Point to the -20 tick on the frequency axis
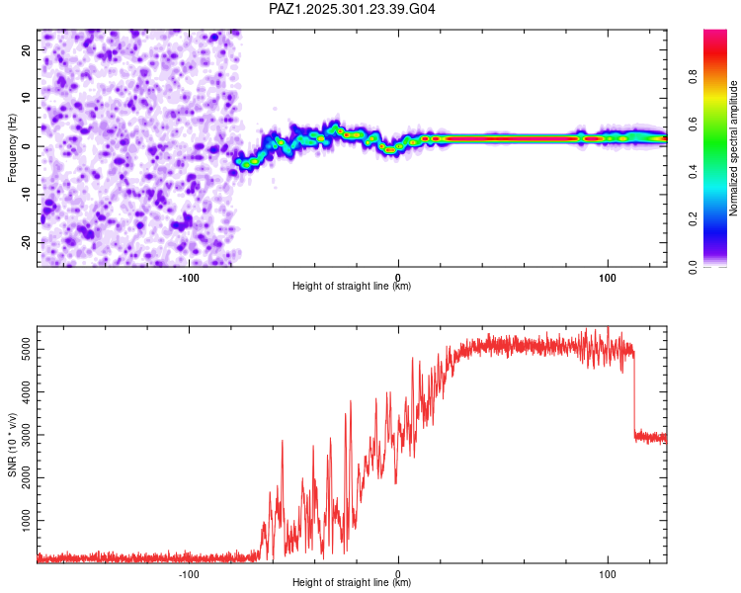coord(26,242)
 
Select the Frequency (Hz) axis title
coord(12,148)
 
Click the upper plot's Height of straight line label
coord(352,286)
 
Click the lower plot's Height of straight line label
coord(352,583)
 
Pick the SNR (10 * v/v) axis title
coord(12,445)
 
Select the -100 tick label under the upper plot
coord(189,278)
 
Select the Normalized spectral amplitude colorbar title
coord(734,148)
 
